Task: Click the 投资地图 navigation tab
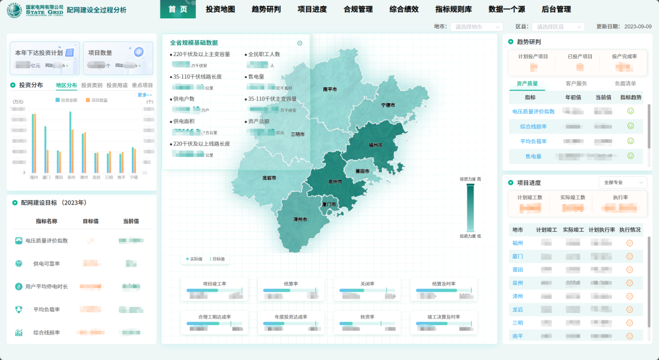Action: click(220, 9)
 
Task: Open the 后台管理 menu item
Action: click(556, 9)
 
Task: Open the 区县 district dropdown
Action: click(558, 27)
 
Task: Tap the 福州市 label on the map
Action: click(376, 145)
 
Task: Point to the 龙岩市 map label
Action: click(269, 178)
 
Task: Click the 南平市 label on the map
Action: click(330, 89)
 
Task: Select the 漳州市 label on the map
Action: click(300, 218)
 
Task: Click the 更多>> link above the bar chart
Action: click(145, 95)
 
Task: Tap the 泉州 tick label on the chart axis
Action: click(71, 178)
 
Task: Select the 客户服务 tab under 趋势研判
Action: click(576, 84)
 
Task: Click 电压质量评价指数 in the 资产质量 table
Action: click(533, 111)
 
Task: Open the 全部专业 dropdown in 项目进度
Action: click(622, 182)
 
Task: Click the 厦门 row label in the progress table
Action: click(517, 256)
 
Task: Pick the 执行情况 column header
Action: click(630, 230)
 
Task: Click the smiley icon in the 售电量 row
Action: click(630, 156)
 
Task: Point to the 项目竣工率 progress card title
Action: click(215, 284)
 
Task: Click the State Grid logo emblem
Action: click(14, 10)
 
